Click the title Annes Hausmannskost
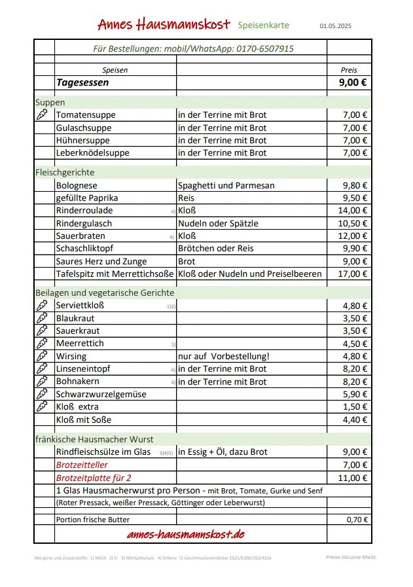[164, 24]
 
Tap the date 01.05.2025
[335, 26]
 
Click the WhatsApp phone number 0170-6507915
[269, 48]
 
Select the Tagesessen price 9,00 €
[353, 83]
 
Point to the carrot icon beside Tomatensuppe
[43, 115]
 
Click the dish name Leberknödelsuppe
[92, 152]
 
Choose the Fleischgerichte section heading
[65, 172]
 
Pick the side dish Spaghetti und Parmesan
[226, 185]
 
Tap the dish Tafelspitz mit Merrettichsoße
[115, 274]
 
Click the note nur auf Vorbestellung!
[224, 356]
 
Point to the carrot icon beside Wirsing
[43, 356]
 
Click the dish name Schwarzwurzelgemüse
[101, 394]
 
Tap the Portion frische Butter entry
[92, 520]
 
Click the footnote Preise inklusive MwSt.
[351, 557]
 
